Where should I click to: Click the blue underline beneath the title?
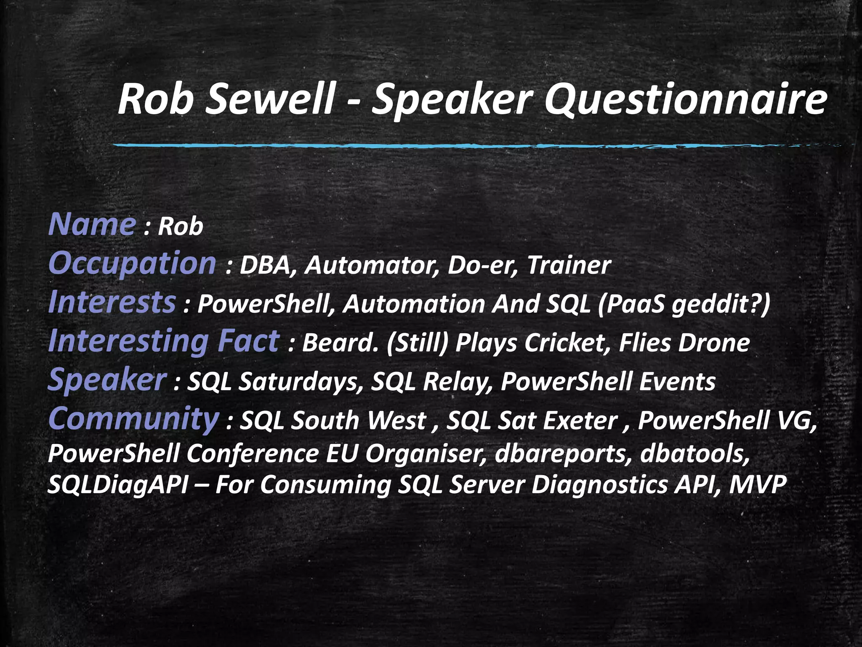point(463,146)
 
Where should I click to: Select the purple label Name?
point(92,225)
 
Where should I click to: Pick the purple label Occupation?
point(132,264)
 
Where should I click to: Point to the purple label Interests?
point(112,302)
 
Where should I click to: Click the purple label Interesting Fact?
point(163,341)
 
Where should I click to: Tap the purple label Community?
point(133,419)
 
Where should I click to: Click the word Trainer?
point(569,266)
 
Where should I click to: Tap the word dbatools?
point(695,454)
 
